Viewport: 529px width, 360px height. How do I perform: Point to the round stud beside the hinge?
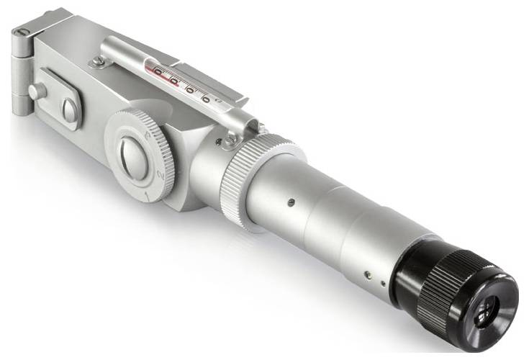[x=36, y=91]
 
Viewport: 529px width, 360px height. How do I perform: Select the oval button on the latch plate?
[x=70, y=110]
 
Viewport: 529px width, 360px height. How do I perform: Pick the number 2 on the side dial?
[x=161, y=176]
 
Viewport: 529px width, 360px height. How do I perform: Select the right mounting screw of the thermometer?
[x=231, y=142]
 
